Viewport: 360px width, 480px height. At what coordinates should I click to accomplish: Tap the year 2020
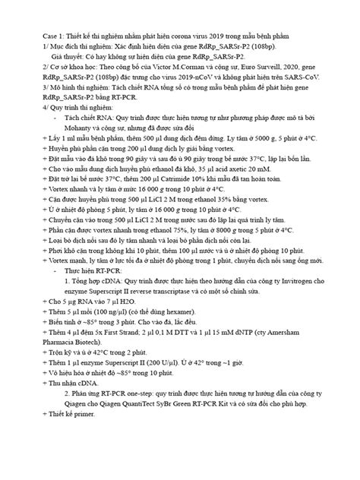(311, 67)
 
